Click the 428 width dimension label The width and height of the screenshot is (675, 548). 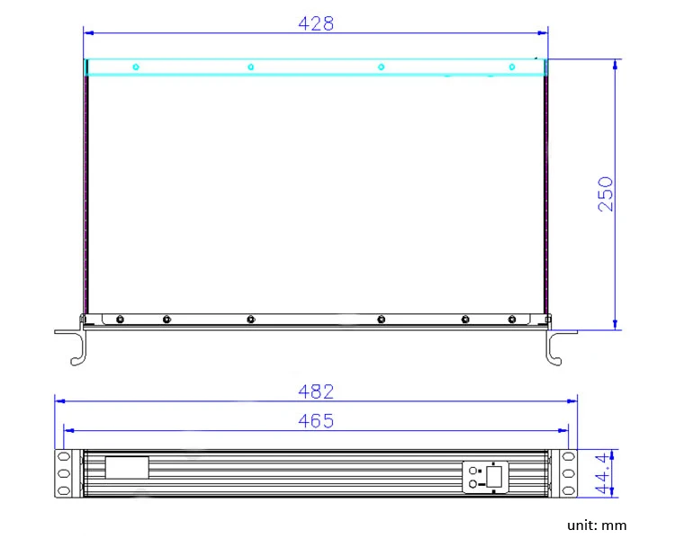(x=316, y=23)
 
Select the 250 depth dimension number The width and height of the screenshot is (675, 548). (x=606, y=193)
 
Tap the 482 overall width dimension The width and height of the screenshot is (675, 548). (x=316, y=391)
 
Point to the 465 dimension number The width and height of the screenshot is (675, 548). (x=316, y=420)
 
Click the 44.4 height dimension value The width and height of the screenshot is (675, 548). (x=604, y=472)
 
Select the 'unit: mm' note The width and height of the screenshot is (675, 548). (x=597, y=526)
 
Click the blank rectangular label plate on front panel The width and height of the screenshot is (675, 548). (x=127, y=468)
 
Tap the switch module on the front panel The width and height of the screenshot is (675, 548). (x=485, y=477)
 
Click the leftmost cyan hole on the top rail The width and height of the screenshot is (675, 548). (x=136, y=67)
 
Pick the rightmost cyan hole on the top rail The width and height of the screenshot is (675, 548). (x=512, y=67)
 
